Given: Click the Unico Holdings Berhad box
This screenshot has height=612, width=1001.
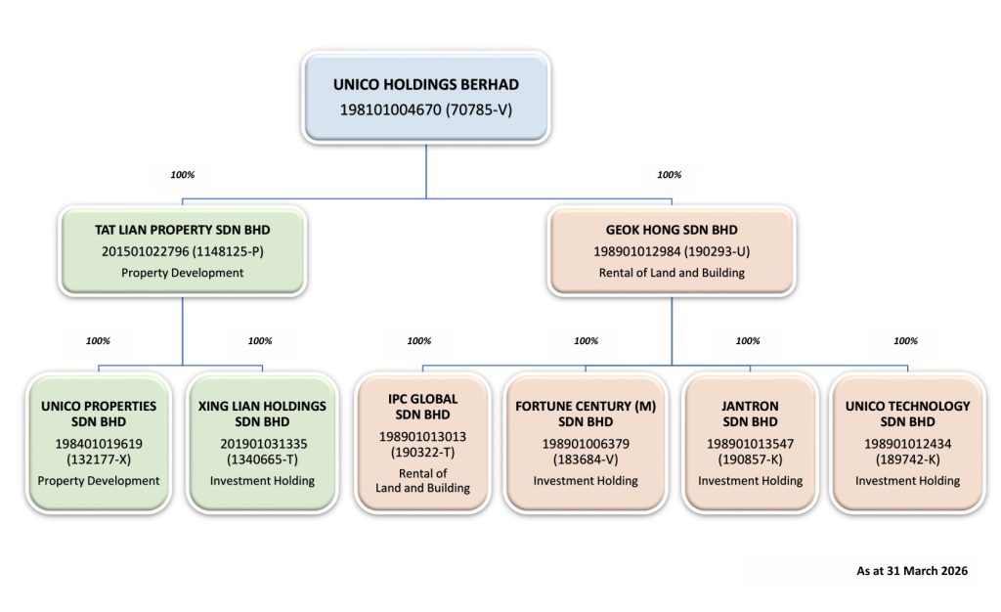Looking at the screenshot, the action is [426, 97].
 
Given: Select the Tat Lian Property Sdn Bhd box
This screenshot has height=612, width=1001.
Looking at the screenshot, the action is [183, 251].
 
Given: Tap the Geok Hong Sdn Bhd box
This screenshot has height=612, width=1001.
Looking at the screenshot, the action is [672, 251].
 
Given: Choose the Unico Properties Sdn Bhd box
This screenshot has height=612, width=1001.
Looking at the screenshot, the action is [99, 443].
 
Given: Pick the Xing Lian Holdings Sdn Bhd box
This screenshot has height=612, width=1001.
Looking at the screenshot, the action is [262, 443].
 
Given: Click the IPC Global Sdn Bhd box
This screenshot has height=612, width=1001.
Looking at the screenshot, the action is [422, 443].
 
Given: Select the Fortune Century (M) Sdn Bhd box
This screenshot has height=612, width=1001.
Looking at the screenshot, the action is [586, 443].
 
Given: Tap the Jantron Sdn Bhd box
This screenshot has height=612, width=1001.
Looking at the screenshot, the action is [750, 443].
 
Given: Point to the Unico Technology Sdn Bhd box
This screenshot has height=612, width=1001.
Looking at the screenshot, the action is [908, 443].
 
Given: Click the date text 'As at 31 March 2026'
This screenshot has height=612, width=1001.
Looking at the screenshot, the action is [912, 571].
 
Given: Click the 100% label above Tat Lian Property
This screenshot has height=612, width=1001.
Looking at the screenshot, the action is [183, 174].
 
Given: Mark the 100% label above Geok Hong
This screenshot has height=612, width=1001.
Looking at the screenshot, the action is [669, 174].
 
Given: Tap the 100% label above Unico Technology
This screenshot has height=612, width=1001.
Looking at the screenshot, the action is [905, 341].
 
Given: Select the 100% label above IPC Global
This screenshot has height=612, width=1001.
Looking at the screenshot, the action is [418, 341].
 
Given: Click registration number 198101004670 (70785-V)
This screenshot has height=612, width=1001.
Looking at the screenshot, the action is [426, 109].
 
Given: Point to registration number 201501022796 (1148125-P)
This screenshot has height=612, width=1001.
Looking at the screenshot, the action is [183, 251].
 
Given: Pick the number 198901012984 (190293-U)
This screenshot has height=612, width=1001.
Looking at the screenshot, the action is [672, 251].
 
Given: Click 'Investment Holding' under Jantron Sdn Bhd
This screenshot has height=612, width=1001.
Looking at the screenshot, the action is [750, 481].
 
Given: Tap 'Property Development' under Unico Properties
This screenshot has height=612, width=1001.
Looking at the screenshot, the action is [99, 481].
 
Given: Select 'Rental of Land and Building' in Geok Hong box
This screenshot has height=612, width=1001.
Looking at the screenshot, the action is [672, 273].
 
